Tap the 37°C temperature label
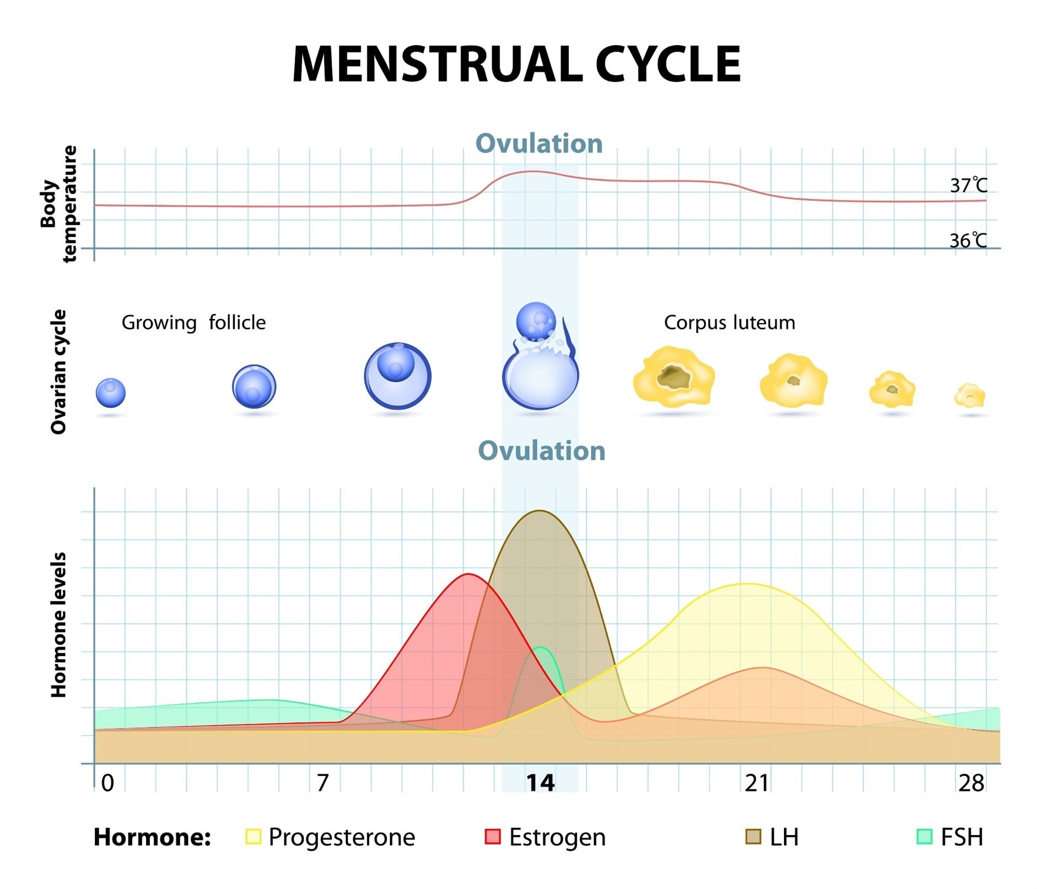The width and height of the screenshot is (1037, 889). (968, 186)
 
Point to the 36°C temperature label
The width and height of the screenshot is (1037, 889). (968, 241)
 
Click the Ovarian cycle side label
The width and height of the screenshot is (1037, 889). (59, 372)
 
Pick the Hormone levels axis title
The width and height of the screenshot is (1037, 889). (59, 625)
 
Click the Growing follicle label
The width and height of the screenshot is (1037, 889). (194, 322)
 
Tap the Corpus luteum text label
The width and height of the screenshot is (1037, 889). (729, 322)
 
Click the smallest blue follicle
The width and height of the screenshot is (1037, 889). (111, 393)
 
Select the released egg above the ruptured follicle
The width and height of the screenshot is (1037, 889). (536, 321)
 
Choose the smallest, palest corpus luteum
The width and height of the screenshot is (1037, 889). (969, 396)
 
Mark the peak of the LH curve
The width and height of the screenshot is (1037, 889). (539, 511)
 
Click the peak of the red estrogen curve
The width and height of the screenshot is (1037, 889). (469, 574)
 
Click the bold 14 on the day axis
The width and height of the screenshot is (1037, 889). (540, 784)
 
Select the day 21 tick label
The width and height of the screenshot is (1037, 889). (757, 784)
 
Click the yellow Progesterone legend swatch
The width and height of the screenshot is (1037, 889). (253, 837)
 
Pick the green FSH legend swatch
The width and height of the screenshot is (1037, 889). (924, 837)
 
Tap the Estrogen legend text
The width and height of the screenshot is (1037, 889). (557, 837)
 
